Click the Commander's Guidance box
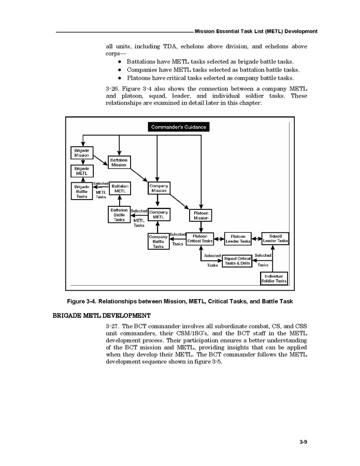tap(179, 127)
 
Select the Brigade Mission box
tap(81, 152)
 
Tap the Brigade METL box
tap(81, 171)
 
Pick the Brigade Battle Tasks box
tap(81, 190)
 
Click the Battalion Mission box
tap(119, 162)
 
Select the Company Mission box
tap(159, 188)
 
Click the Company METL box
tap(159, 214)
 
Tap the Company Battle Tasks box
tap(159, 241)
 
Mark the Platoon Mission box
tap(201, 215)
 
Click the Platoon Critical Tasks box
tap(200, 238)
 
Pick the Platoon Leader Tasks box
tap(238, 238)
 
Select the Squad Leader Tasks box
tap(275, 238)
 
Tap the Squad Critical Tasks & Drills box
tap(237, 261)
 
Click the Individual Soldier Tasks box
tap(274, 278)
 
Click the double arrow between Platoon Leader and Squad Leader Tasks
tap(256, 239)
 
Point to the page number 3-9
tap(304, 442)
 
